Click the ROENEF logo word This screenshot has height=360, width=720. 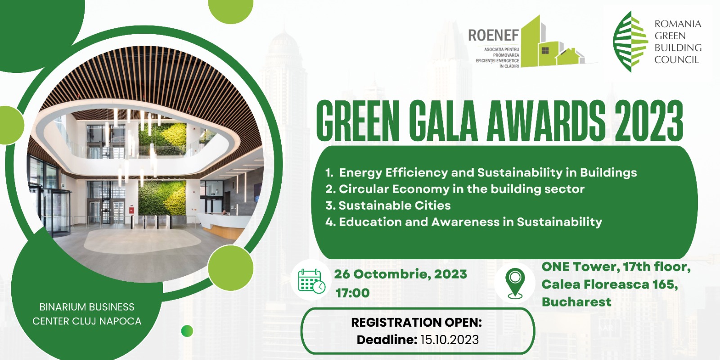coord(493,36)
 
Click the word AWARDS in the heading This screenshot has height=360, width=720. coord(546,121)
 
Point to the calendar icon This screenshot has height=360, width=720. coord(311,281)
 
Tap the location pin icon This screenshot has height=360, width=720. coord(515,283)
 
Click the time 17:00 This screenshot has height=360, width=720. coord(353,293)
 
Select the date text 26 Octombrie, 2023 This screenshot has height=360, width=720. coord(400,274)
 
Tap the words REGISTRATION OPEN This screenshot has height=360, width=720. coord(417,322)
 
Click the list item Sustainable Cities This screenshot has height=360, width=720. coord(388,205)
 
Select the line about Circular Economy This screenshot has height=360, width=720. coord(455,189)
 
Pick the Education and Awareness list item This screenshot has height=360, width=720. coord(463,222)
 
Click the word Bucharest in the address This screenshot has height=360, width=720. coord(576,302)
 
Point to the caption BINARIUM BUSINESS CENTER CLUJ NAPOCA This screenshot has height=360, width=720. coord(87,314)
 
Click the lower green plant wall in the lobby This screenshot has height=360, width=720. coord(162,197)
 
